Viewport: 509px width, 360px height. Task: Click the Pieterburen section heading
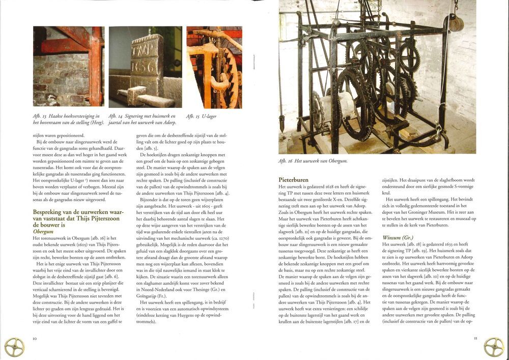[x=293, y=180]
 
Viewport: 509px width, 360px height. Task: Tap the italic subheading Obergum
[x=43, y=231]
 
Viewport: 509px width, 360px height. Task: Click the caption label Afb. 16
[x=287, y=161]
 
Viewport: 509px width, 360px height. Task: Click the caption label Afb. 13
[x=41, y=116]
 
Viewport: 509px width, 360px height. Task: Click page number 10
[x=35, y=338]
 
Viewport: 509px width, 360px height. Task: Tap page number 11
[x=475, y=338]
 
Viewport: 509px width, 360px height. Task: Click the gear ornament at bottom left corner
[x=14, y=347]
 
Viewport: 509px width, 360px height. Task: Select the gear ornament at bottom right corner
[x=494, y=347]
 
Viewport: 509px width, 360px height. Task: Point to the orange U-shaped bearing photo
[x=214, y=67]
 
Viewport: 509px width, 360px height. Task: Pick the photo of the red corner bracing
[x=68, y=67]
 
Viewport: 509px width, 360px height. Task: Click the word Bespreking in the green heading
[x=48, y=211]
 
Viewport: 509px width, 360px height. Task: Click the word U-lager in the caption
[x=209, y=116]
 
